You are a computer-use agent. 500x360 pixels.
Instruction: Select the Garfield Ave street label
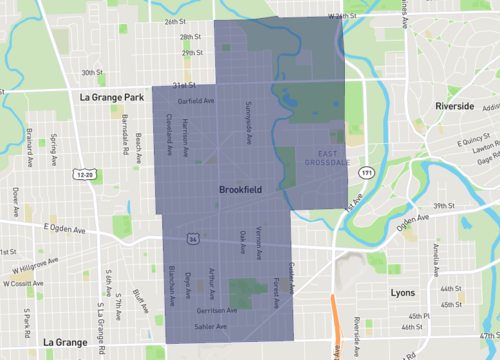pos(196,101)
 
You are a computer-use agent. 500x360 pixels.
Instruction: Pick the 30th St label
pos(92,72)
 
